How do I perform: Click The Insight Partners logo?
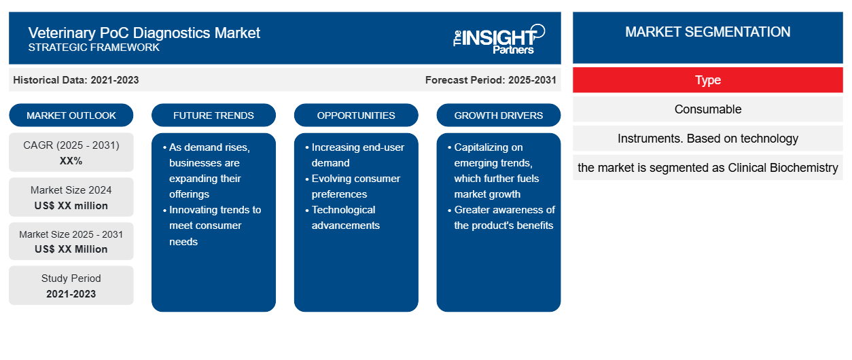[x=499, y=39]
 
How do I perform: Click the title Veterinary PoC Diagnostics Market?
[x=144, y=33]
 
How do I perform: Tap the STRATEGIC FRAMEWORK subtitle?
[x=94, y=48]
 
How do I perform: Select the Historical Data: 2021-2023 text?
[x=76, y=80]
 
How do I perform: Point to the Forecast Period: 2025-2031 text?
[x=491, y=80]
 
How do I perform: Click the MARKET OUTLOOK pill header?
[x=71, y=115]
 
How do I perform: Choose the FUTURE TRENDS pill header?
[x=213, y=115]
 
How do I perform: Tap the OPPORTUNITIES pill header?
[x=356, y=115]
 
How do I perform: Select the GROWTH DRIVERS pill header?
[x=498, y=115]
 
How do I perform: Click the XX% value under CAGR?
[x=71, y=161]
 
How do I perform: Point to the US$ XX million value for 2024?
[x=71, y=206]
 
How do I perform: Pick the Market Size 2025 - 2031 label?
[x=71, y=234]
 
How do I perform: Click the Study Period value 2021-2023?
[x=71, y=294]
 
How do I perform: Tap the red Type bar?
[x=708, y=80]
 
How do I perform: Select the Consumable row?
[x=708, y=109]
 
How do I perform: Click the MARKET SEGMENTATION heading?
[x=708, y=32]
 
